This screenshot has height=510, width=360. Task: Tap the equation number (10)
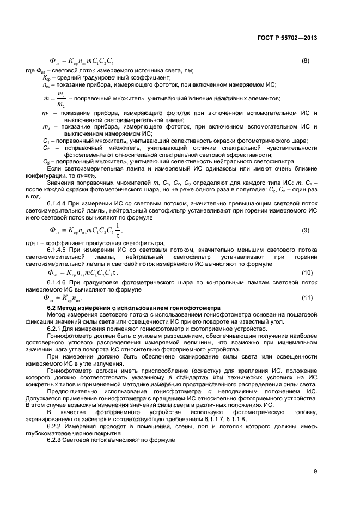(307, 271)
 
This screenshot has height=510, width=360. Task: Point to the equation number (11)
(307, 298)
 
